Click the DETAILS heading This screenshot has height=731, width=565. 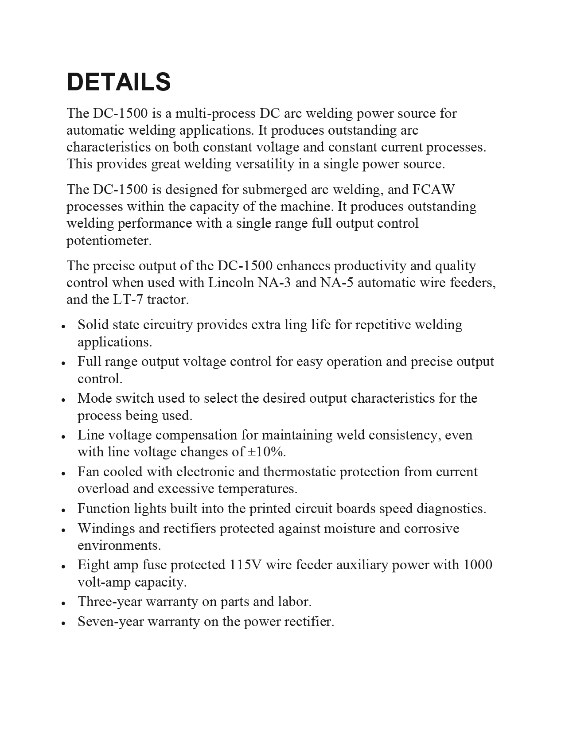pyautogui.click(x=119, y=82)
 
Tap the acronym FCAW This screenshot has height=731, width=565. pyautogui.click(x=433, y=190)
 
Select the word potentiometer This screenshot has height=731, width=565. pyautogui.click(x=109, y=241)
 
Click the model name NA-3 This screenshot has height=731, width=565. pyautogui.click(x=274, y=283)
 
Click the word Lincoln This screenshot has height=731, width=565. pyautogui.click(x=231, y=283)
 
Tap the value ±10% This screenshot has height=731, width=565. pyautogui.click(x=265, y=452)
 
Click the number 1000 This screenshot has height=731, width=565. pyautogui.click(x=478, y=565)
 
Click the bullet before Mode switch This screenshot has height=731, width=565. pyautogui.click(x=64, y=399)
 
